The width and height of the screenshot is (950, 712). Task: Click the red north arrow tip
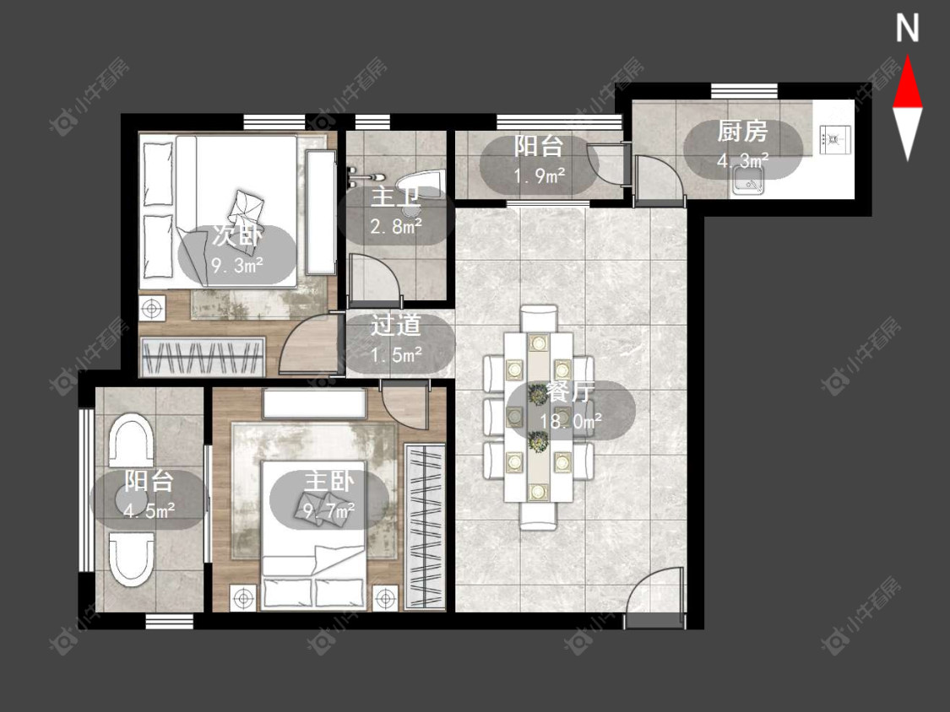point(907,57)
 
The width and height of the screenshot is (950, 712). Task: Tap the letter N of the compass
point(907,29)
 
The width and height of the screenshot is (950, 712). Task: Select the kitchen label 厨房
point(742,132)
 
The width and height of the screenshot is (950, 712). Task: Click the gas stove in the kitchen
point(834,139)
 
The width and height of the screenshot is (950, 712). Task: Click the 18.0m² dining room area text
point(571,420)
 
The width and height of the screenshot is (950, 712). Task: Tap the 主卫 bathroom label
point(396,198)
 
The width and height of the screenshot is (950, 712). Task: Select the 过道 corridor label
point(396,326)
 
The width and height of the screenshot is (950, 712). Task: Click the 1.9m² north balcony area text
point(540,175)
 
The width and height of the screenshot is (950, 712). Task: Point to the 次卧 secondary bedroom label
point(237,235)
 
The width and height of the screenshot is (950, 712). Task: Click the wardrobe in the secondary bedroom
point(203,357)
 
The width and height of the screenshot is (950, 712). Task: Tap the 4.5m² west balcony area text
point(149,510)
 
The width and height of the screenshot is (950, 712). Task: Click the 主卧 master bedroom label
point(329,482)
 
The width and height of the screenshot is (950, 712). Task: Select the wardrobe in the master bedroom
point(424,526)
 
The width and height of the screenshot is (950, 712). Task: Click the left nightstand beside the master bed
point(243,599)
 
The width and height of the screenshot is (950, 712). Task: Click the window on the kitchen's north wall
point(744,91)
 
